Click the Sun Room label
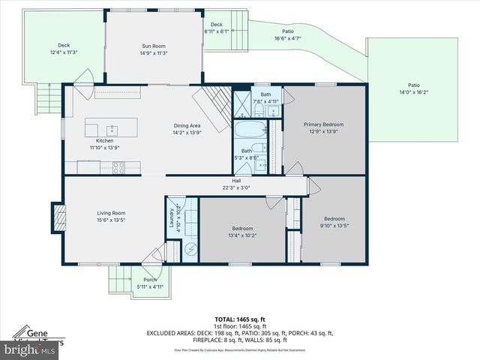coord(153,46)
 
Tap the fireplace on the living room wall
coord(56,218)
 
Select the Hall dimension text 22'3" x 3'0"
coord(236,187)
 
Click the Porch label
coord(150,280)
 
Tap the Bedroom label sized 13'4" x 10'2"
coord(242,228)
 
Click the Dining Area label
coord(187,125)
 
